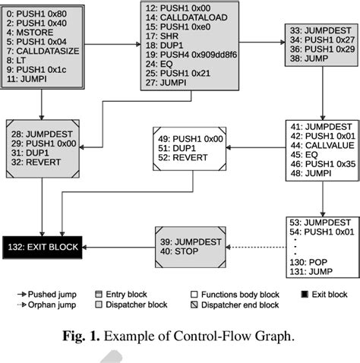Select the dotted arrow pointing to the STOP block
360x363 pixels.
(x=251, y=246)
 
